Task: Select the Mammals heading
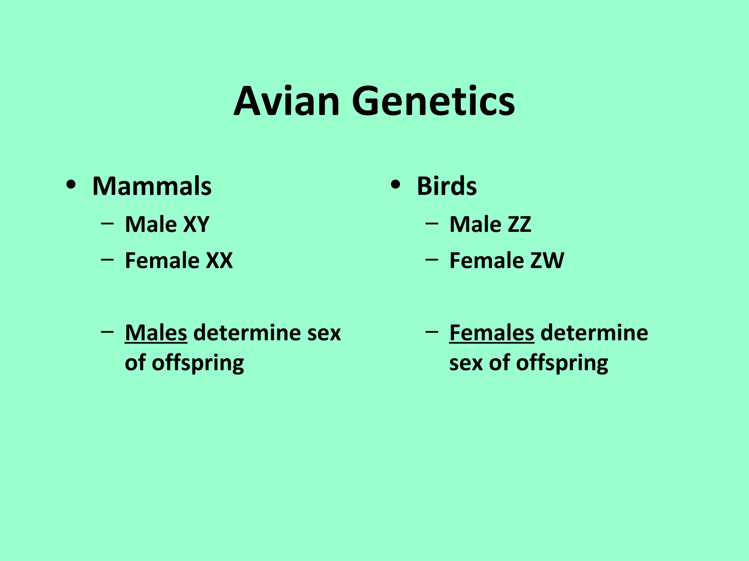click(152, 186)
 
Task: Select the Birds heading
click(447, 186)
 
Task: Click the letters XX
click(219, 261)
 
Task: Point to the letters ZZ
click(519, 224)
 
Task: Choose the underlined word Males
click(156, 333)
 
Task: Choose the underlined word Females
click(492, 333)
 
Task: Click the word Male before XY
click(151, 224)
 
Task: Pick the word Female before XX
click(162, 261)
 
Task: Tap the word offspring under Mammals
click(197, 363)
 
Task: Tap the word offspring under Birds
click(562, 363)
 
